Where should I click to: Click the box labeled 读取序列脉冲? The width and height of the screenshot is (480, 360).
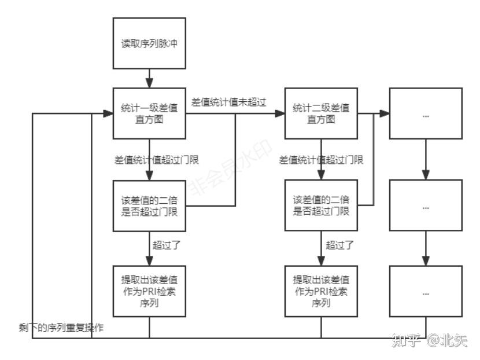click(149, 44)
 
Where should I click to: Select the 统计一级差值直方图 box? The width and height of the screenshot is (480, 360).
click(149, 114)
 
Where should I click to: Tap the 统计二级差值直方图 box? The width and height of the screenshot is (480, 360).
click(320, 114)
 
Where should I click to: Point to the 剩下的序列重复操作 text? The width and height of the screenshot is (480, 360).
click(61, 328)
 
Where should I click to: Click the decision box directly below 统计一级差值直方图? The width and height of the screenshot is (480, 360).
click(149, 205)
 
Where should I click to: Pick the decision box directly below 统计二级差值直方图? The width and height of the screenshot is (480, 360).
click(320, 205)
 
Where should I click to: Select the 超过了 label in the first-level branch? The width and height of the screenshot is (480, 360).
click(167, 245)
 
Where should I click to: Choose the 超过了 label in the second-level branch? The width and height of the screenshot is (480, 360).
click(339, 245)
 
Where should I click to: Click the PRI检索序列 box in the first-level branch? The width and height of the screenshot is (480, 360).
click(149, 291)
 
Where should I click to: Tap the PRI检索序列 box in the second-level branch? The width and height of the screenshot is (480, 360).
click(320, 291)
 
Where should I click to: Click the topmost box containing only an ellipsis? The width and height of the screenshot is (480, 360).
click(426, 114)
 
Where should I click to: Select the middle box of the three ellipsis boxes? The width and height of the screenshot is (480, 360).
click(426, 205)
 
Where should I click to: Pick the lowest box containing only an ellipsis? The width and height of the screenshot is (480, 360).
click(426, 292)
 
